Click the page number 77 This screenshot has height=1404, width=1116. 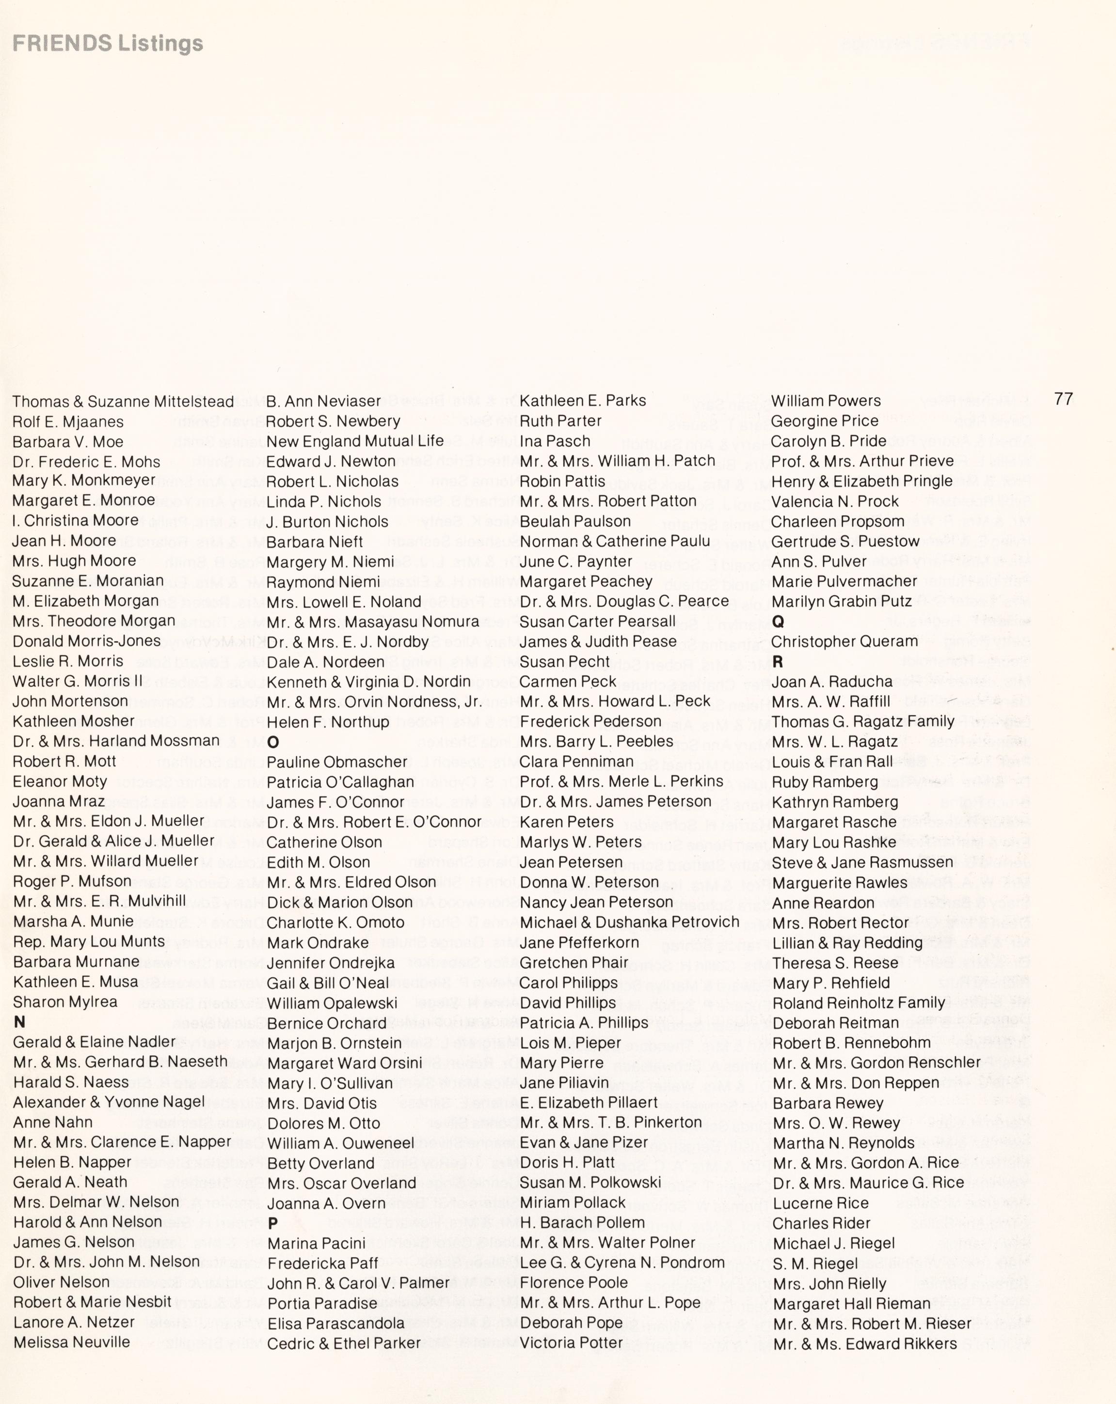click(x=1063, y=399)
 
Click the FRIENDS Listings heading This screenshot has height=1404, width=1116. click(x=108, y=44)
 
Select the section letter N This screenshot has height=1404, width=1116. click(x=19, y=1022)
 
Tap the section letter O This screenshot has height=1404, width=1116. click(x=273, y=742)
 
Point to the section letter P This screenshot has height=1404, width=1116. click(x=273, y=1224)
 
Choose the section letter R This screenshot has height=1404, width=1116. click(x=777, y=662)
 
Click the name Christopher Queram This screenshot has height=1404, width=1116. click(x=845, y=641)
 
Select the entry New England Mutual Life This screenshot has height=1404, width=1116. click(x=355, y=441)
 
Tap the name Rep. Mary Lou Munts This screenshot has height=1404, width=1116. click(x=89, y=942)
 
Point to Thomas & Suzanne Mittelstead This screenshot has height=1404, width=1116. click(x=123, y=401)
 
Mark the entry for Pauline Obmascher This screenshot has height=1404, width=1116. click(x=337, y=762)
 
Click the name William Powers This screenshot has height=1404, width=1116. click(x=826, y=401)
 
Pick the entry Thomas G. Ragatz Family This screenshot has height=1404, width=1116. click(x=862, y=721)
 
